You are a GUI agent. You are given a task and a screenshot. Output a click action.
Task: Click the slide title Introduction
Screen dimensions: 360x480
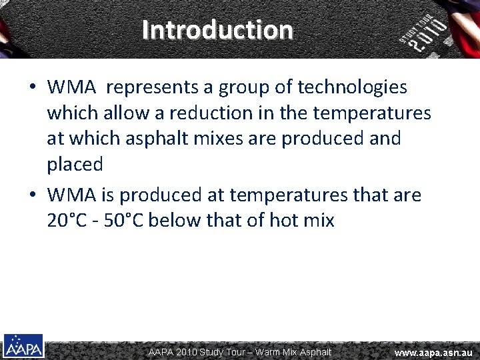(217, 30)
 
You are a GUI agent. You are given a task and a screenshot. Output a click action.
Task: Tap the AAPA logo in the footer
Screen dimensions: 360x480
(23, 347)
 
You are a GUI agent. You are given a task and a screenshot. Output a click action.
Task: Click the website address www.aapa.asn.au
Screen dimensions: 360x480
(433, 352)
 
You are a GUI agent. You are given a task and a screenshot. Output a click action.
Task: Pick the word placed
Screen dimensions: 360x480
(75, 165)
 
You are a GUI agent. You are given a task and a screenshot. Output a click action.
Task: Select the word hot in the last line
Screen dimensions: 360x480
(284, 221)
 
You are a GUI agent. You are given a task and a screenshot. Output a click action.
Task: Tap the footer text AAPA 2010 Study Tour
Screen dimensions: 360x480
(197, 352)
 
